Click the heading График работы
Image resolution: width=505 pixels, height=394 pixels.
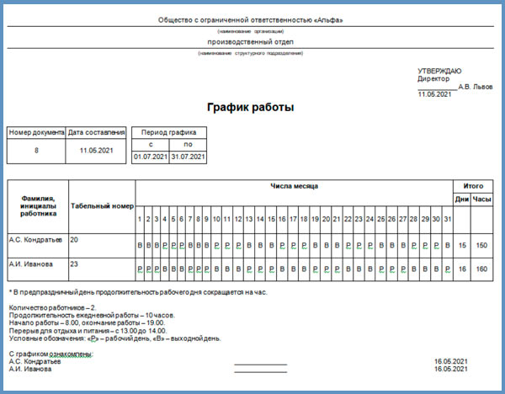coord(251,108)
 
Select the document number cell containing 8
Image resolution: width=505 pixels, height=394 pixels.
coord(36,150)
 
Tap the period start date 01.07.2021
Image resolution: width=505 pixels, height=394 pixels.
coord(151,157)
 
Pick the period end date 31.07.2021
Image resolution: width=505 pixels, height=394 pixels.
coord(188,157)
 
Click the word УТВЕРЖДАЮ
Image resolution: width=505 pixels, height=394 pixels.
coord(439,70)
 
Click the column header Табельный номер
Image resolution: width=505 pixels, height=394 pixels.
coord(102,205)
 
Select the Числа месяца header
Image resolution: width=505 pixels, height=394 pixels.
coord(294,185)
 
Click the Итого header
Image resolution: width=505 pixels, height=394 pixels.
coord(472,185)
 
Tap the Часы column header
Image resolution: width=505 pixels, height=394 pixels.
coord(481,200)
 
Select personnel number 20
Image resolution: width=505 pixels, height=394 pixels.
coord(75,240)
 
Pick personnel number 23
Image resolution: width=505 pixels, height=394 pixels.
coord(75,264)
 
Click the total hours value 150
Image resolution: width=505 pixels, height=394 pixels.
coord(481,245)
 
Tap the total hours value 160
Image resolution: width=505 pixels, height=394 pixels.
coord(481,269)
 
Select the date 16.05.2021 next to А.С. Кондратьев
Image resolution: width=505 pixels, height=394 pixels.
coord(451,361)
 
